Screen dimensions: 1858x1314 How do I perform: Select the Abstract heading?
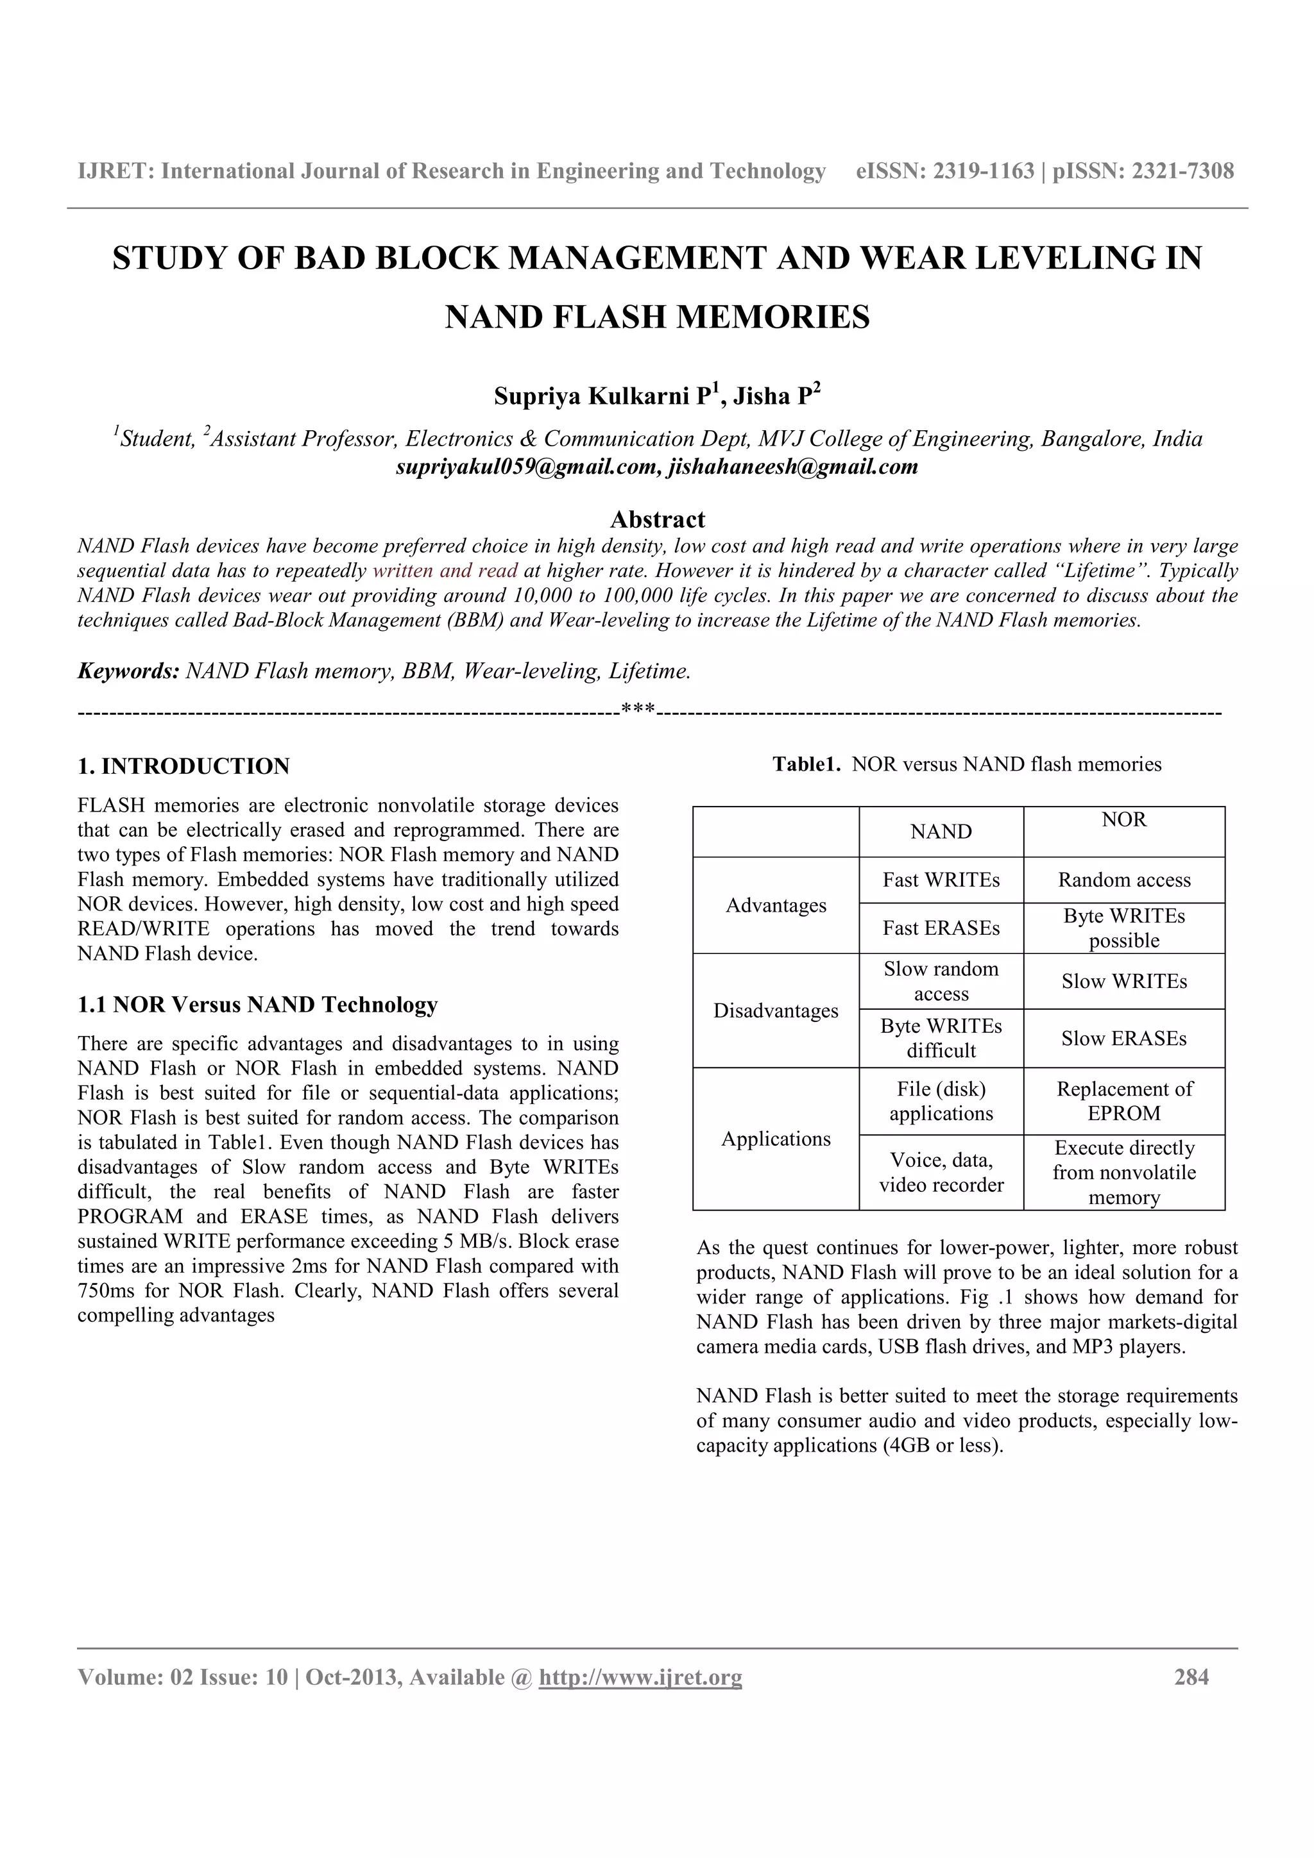click(x=658, y=519)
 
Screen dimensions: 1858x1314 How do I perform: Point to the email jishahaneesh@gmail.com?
click(x=792, y=467)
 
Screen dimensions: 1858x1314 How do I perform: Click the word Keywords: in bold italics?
click(x=128, y=671)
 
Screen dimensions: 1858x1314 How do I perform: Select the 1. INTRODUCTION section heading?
click(x=183, y=766)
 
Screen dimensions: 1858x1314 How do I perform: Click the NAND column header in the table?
click(x=941, y=832)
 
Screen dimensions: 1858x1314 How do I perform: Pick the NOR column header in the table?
click(x=1123, y=820)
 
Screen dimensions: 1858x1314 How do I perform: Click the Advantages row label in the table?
click(x=776, y=905)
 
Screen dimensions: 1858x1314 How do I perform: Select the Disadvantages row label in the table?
click(x=776, y=1010)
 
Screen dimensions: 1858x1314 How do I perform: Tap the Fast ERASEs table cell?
click(x=941, y=928)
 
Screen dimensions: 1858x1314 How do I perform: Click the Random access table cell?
click(x=1123, y=880)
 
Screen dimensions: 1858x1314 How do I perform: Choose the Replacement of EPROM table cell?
click(x=1123, y=1101)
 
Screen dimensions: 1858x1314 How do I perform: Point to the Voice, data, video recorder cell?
click(x=941, y=1172)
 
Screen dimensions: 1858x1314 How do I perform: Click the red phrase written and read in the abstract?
click(x=445, y=571)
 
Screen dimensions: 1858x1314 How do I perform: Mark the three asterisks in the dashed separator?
click(x=638, y=710)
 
